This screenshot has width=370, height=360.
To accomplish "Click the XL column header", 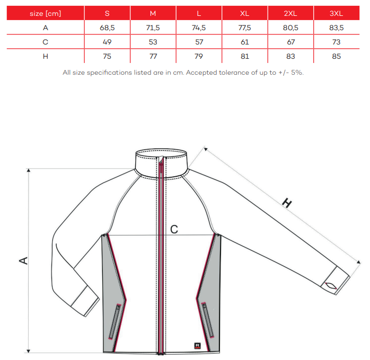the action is pyautogui.click(x=245, y=13).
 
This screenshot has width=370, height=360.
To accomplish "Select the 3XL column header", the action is pyautogui.click(x=336, y=13).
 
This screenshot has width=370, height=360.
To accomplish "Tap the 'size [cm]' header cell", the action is pyautogui.click(x=45, y=13).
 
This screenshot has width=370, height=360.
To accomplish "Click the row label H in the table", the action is pyautogui.click(x=45, y=56).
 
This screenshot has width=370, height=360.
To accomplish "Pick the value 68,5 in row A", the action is pyautogui.click(x=107, y=28).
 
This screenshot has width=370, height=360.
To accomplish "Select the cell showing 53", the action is pyautogui.click(x=153, y=42).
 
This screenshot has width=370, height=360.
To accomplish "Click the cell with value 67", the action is pyautogui.click(x=290, y=42).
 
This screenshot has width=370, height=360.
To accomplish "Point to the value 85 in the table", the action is pyautogui.click(x=336, y=56).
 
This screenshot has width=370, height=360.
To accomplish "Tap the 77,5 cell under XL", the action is pyautogui.click(x=245, y=28).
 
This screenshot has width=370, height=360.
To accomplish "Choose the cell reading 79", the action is pyautogui.click(x=199, y=56).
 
